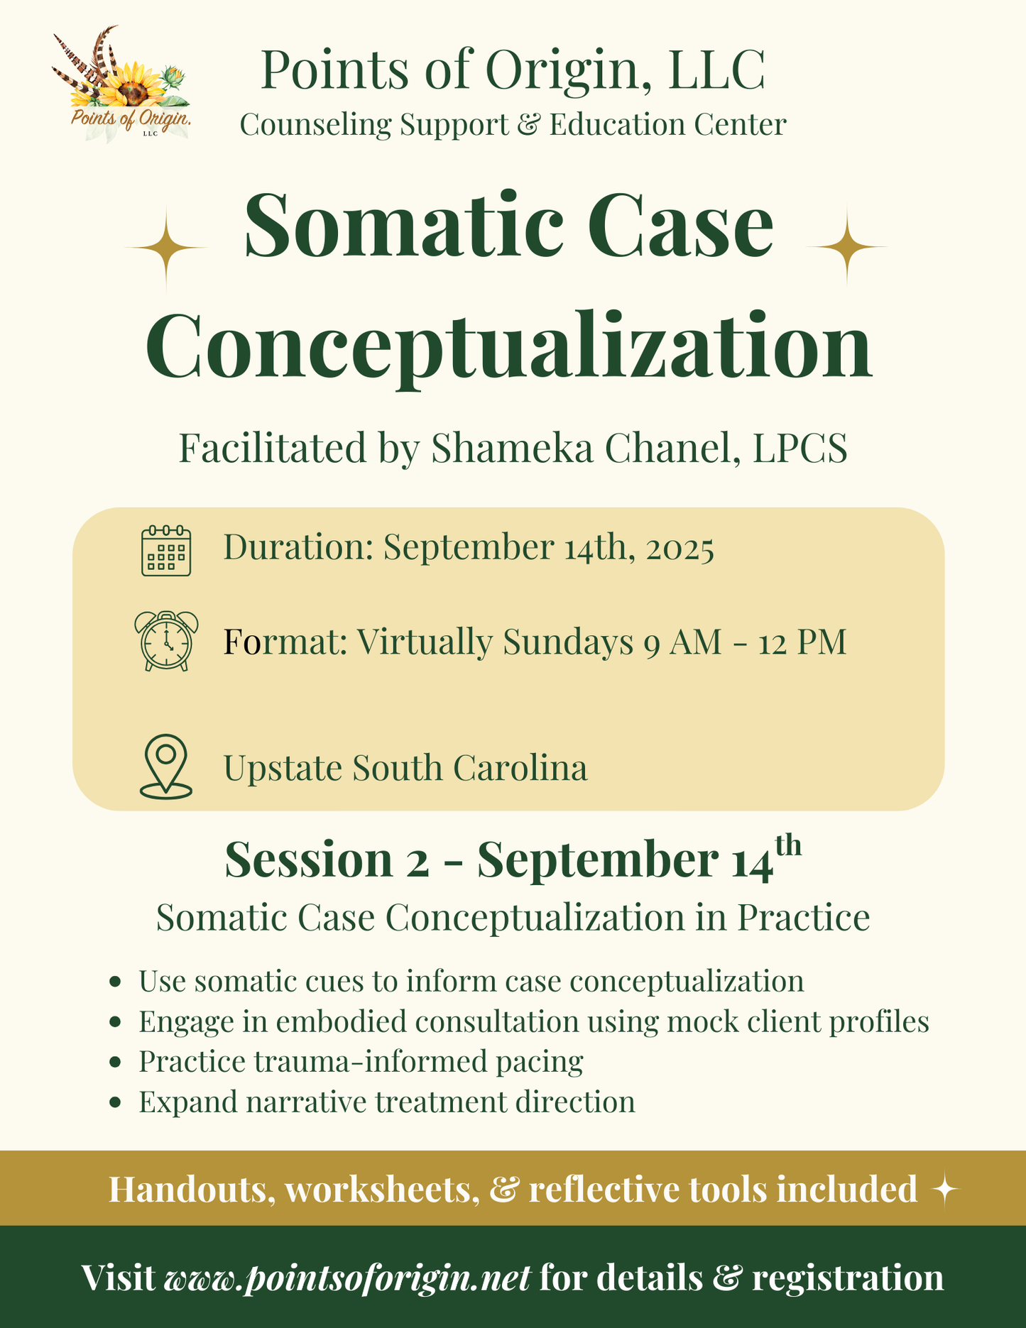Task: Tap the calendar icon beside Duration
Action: click(166, 550)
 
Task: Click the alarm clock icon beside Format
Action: click(166, 641)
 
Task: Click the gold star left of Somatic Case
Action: click(166, 248)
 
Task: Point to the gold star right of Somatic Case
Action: click(846, 246)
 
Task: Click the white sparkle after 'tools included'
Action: click(945, 1190)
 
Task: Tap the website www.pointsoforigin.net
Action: click(347, 1278)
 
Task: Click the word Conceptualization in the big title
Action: click(508, 346)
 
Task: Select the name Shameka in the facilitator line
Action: click(512, 449)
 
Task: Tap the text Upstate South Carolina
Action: click(405, 768)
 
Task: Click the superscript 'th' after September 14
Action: click(788, 846)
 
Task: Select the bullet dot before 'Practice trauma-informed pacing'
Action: click(115, 1063)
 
